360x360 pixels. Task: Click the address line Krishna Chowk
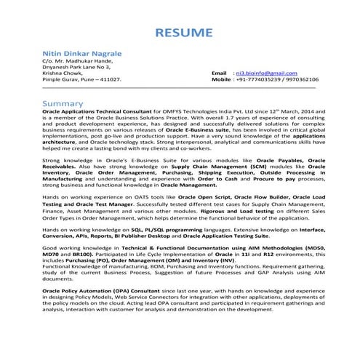click(63, 74)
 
